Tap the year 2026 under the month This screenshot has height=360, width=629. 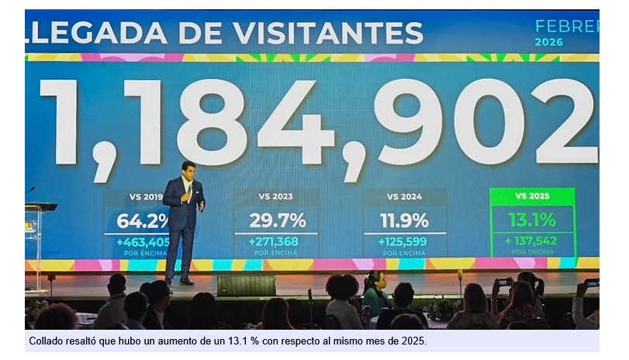click(x=549, y=42)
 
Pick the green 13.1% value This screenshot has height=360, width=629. click(x=532, y=220)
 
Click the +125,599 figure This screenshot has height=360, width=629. click(x=404, y=241)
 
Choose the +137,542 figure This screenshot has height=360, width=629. click(x=532, y=241)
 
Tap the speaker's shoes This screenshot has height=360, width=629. click(x=178, y=282)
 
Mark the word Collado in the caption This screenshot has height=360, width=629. click(x=47, y=341)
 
